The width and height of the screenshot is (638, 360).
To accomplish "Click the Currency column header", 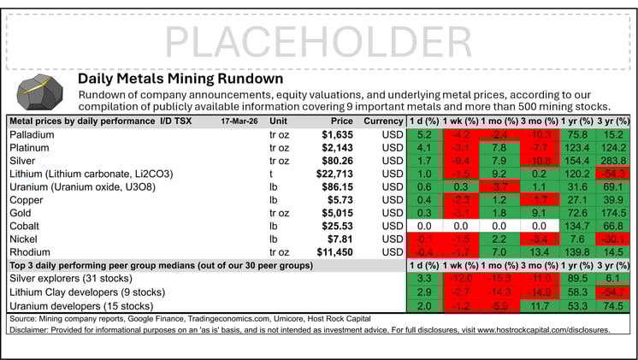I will [382, 121].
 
